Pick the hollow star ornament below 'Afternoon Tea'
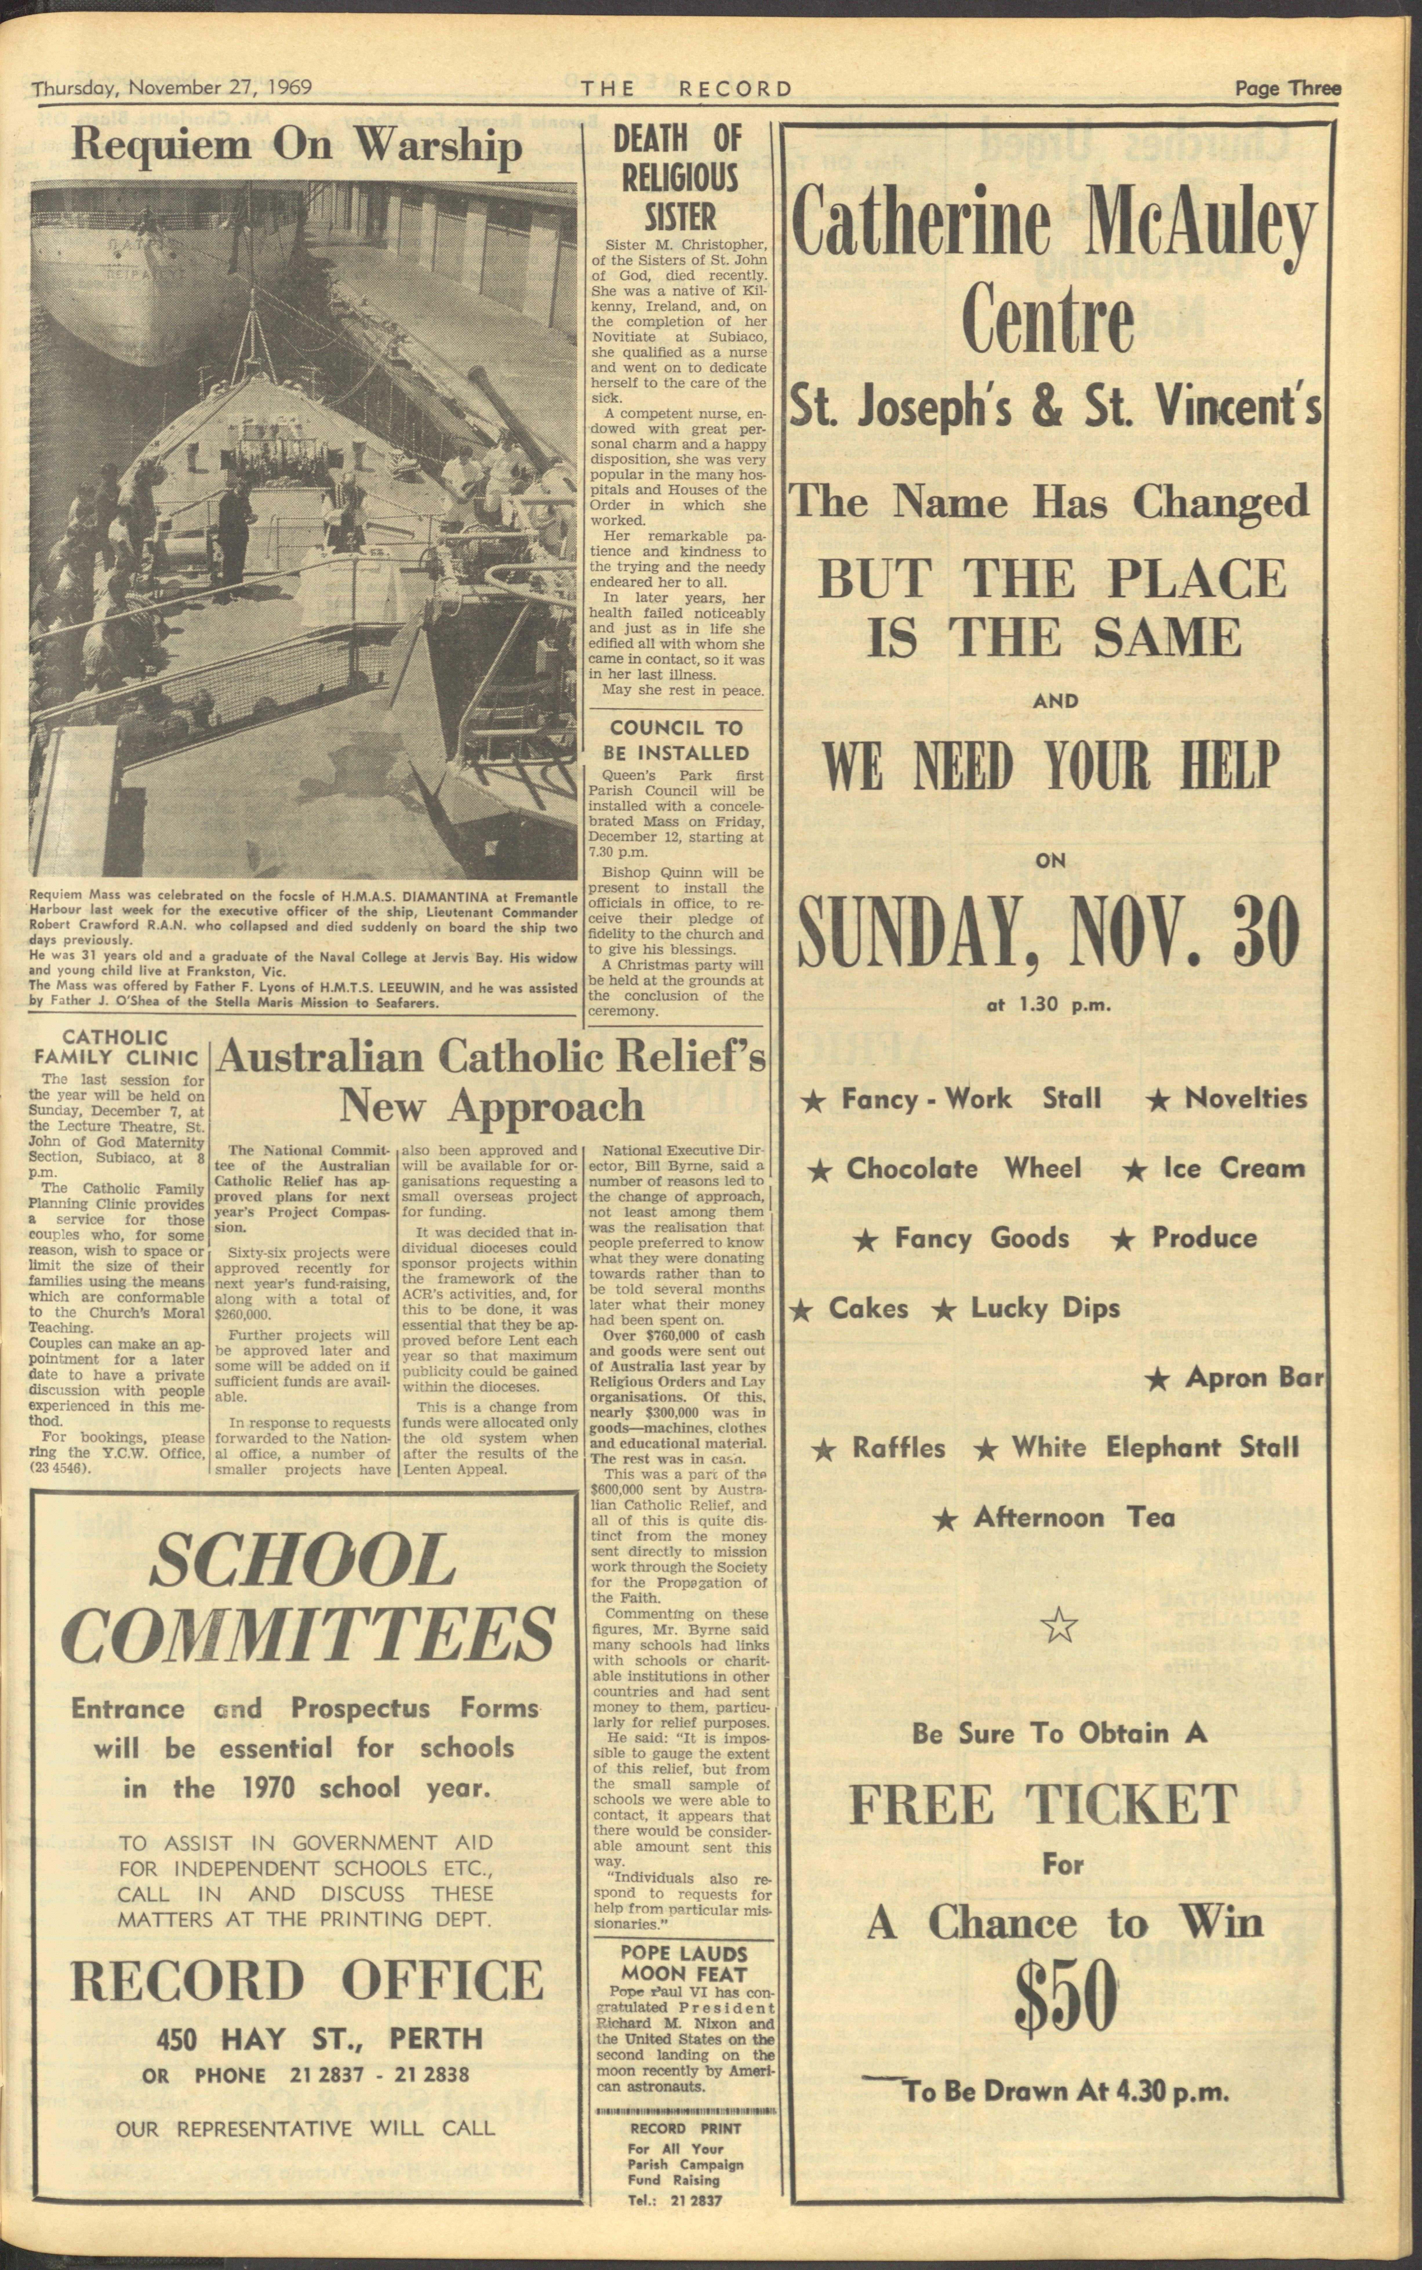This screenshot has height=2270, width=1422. click(x=1061, y=1624)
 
